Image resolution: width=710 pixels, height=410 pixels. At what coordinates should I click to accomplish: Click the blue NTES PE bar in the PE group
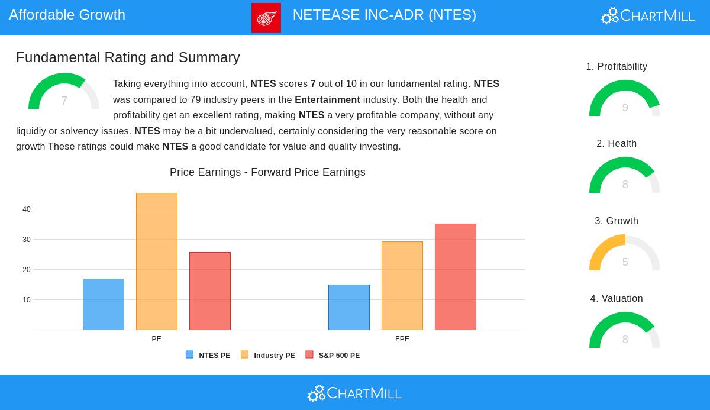click(104, 304)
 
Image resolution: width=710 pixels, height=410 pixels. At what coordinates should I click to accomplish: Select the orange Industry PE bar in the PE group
click(157, 262)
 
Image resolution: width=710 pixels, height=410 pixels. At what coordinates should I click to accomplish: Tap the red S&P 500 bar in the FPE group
click(456, 277)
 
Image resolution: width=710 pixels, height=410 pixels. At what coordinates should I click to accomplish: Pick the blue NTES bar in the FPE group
click(349, 307)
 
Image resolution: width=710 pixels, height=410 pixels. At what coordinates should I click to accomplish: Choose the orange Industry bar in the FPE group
click(402, 286)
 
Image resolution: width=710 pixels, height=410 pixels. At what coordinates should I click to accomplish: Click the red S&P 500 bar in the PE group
click(210, 291)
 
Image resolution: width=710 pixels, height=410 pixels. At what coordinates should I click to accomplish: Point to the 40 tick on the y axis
click(27, 209)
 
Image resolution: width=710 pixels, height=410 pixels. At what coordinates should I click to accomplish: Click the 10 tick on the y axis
click(27, 300)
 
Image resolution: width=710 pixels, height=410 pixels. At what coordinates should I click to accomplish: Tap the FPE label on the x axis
click(402, 339)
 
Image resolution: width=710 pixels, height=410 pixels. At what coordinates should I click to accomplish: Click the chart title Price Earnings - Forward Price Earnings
click(267, 172)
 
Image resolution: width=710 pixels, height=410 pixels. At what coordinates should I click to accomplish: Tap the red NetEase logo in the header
click(266, 18)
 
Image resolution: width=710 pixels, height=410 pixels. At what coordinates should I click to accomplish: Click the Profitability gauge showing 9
click(625, 99)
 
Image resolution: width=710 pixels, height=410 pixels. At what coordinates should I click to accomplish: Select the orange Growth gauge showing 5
click(625, 254)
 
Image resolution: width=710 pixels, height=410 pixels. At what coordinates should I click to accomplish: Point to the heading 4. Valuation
click(617, 299)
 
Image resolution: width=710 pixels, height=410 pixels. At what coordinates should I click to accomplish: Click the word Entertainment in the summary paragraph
click(327, 100)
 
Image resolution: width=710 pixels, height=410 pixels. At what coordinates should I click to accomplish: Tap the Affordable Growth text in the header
click(67, 15)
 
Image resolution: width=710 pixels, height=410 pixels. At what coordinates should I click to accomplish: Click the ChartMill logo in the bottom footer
click(355, 393)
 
